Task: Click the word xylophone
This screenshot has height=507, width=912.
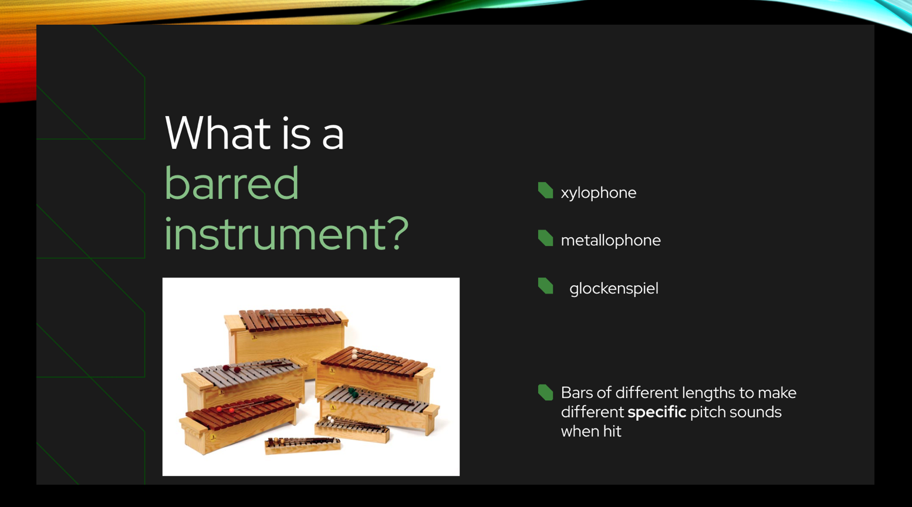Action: coord(598,193)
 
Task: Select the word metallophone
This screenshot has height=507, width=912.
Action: coord(610,241)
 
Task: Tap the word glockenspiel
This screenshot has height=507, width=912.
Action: coord(613,289)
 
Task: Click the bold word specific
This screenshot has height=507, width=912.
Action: coord(656,413)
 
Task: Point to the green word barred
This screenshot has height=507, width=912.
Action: coord(232,183)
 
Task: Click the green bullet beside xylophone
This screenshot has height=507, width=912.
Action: coord(545,191)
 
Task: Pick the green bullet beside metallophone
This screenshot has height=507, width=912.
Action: coord(545,238)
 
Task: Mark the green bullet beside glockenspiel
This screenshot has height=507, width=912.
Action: coord(545,286)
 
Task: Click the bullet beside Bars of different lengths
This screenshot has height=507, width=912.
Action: coord(545,393)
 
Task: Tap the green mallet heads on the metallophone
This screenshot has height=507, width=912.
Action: coord(352,392)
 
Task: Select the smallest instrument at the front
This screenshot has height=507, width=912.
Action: coord(303,444)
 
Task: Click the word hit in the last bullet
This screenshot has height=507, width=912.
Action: coord(611,432)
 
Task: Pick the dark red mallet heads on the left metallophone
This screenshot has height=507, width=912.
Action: coord(231,369)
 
